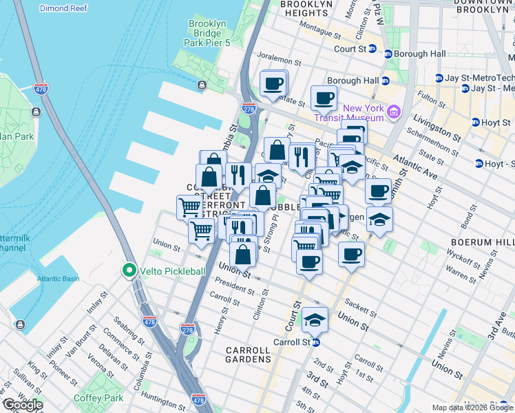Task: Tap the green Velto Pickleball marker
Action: pyautogui.click(x=129, y=271)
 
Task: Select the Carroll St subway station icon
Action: pyautogui.click(x=315, y=342)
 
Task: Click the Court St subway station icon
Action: pyautogui.click(x=372, y=49)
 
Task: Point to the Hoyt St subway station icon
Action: pyautogui.click(x=475, y=122)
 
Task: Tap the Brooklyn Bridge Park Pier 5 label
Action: pyautogui.click(x=207, y=33)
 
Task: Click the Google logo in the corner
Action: pyautogui.click(x=22, y=405)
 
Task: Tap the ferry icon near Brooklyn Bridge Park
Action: pyautogui.click(x=201, y=85)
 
